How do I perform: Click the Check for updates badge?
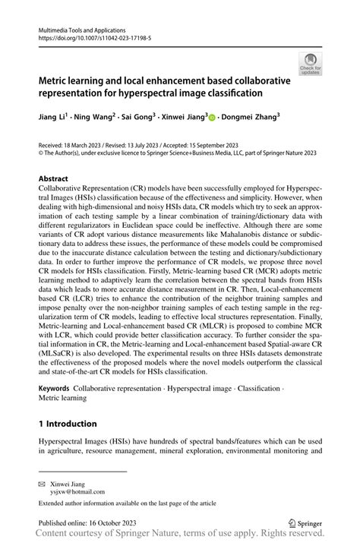point(309,65)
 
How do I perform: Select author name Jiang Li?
point(53,118)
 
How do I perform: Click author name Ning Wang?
point(96,118)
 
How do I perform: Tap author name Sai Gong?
point(141,118)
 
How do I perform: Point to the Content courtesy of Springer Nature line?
point(180,535)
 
